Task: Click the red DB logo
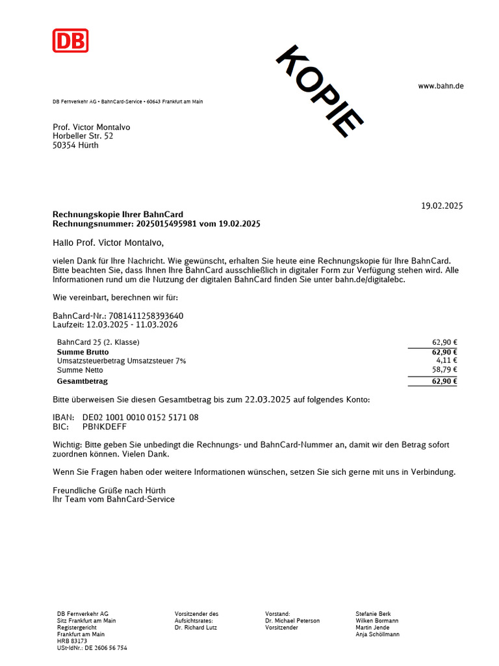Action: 70,40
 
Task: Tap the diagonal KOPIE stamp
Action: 319,91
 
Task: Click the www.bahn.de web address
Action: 441,86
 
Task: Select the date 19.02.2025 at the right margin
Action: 442,206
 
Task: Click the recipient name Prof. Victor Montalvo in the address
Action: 91,127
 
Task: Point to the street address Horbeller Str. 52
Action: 83,136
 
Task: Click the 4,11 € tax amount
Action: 446,360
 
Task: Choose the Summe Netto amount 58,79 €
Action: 444,370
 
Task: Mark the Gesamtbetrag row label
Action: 83,381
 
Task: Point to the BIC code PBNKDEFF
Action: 105,427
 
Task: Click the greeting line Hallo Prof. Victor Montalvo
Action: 109,243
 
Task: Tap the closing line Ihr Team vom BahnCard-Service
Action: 114,499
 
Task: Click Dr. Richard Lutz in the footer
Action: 196,628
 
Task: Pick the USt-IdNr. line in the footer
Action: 92,648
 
